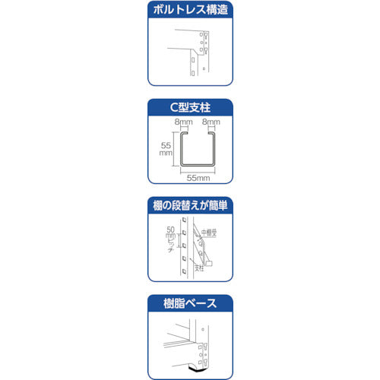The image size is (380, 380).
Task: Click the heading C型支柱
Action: (190, 107)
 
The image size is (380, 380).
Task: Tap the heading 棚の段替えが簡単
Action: (190, 205)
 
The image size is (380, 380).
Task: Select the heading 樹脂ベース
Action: (190, 303)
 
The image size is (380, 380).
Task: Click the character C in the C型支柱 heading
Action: (173, 107)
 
